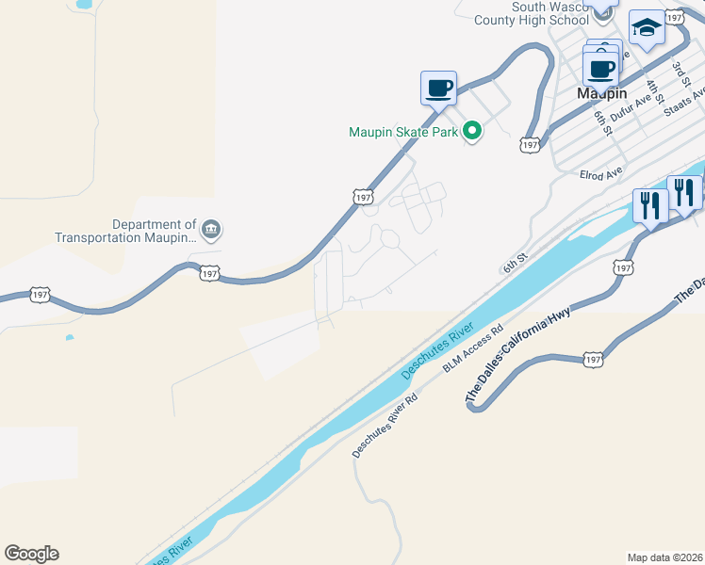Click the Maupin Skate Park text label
(x=403, y=132)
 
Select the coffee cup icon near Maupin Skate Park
(x=438, y=89)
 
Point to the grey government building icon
(x=210, y=230)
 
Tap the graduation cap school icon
(x=647, y=29)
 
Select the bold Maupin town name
(x=601, y=95)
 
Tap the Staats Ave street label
(x=685, y=103)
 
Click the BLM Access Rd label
(x=474, y=347)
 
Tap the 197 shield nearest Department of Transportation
(x=210, y=273)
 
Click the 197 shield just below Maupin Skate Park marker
(x=530, y=144)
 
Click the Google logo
(x=31, y=554)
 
